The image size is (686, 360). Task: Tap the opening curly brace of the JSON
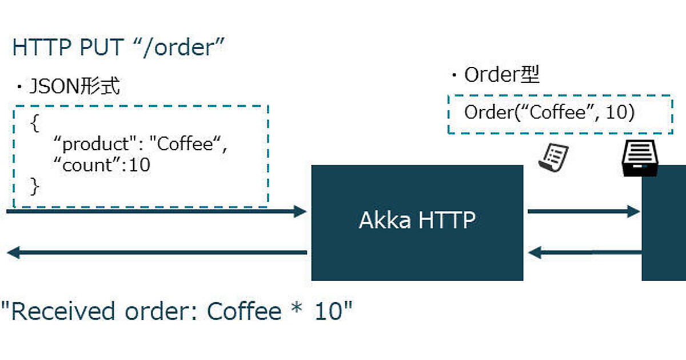[x=35, y=125]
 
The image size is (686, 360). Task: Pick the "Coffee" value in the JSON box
[x=184, y=144]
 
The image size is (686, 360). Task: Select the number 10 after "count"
[x=139, y=165]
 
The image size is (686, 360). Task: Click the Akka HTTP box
[x=417, y=222]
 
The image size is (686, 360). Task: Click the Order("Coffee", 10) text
[x=549, y=113]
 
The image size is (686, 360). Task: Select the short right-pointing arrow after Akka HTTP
[x=583, y=212]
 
